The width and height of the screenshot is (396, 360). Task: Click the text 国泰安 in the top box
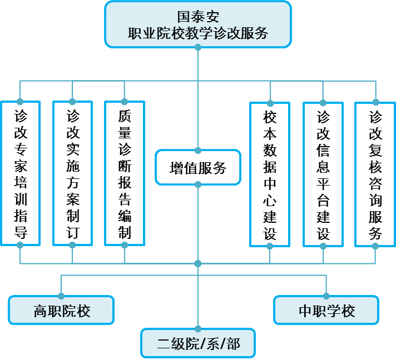point(198,15)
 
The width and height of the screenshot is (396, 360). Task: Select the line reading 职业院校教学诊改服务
point(198,33)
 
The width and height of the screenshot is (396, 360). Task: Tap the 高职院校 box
point(61,311)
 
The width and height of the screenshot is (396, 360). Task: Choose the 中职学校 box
point(326,311)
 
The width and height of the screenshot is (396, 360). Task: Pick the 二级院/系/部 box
point(198,343)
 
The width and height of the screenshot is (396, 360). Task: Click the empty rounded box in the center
point(198,167)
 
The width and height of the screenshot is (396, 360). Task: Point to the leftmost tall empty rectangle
point(20,173)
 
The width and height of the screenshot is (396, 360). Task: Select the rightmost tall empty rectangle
point(375,174)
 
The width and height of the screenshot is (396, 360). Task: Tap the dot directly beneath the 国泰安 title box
point(198,48)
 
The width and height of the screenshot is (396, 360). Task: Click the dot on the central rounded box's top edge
point(198,151)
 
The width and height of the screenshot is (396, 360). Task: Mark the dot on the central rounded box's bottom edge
point(198,184)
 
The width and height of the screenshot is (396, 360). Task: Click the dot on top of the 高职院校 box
point(61,296)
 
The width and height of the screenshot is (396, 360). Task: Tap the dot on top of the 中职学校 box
point(326,296)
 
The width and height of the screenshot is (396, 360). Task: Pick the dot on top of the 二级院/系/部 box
point(198,329)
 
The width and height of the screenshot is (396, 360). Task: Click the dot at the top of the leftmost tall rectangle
point(20,102)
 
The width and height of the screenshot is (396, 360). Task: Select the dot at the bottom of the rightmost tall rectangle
point(375,246)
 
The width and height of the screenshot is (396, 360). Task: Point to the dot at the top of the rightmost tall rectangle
point(375,102)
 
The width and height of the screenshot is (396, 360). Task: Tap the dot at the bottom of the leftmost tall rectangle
point(20,245)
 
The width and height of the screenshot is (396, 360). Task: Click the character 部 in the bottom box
point(234,343)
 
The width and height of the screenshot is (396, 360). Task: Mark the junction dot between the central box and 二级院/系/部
point(198,263)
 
